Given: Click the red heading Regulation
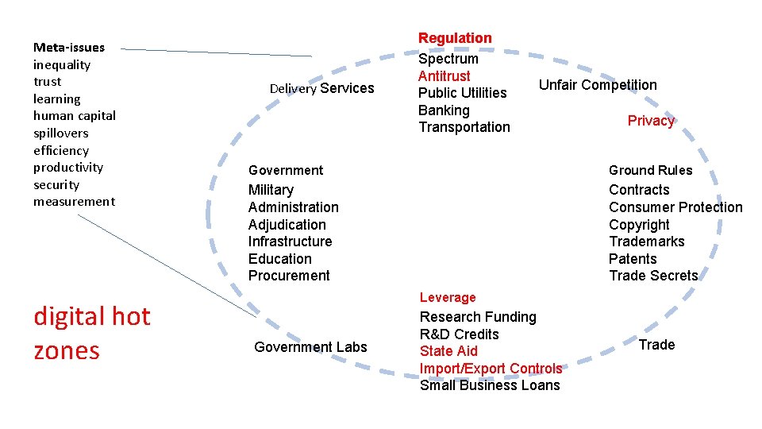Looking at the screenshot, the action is [x=455, y=38].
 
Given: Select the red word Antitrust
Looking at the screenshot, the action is [x=444, y=76].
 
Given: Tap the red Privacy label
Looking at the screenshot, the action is [x=651, y=121].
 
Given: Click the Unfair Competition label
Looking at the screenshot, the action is [x=598, y=85].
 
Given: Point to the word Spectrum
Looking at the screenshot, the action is [x=448, y=59].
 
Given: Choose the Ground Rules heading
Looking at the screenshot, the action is [x=650, y=170].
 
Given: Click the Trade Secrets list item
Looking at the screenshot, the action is [x=653, y=276].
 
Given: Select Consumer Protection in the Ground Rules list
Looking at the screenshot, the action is [x=675, y=207].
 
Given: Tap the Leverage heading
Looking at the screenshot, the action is [x=448, y=297].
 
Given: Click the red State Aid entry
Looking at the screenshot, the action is [x=448, y=351].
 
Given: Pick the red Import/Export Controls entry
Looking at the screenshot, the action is [x=491, y=369].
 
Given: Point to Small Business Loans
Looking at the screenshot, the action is [x=490, y=385].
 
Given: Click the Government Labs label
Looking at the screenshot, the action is [x=310, y=346].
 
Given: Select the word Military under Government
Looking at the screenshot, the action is [x=271, y=190].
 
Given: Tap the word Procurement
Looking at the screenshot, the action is [x=289, y=276].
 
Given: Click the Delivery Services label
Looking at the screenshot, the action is [x=321, y=88].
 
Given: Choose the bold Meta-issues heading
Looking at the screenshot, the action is [x=69, y=47].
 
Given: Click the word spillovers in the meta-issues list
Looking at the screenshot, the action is [x=61, y=133].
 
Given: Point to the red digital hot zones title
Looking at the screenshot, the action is [x=91, y=333].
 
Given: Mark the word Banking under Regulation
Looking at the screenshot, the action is [x=444, y=110].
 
